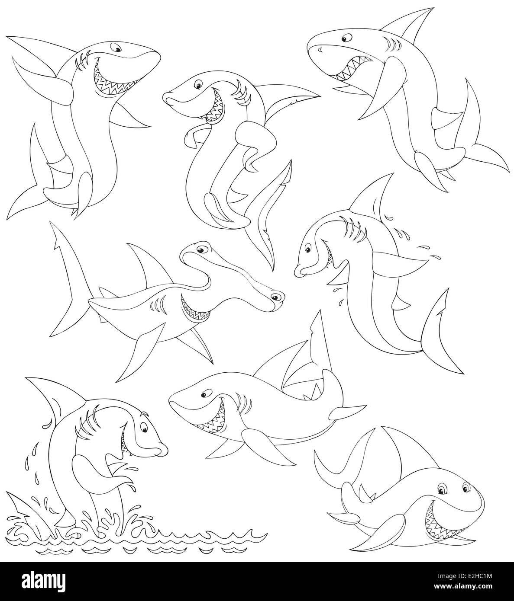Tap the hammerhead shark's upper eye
tap(200, 250)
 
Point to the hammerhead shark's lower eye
tap(275, 297)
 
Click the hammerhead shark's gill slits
tap(158, 305)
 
